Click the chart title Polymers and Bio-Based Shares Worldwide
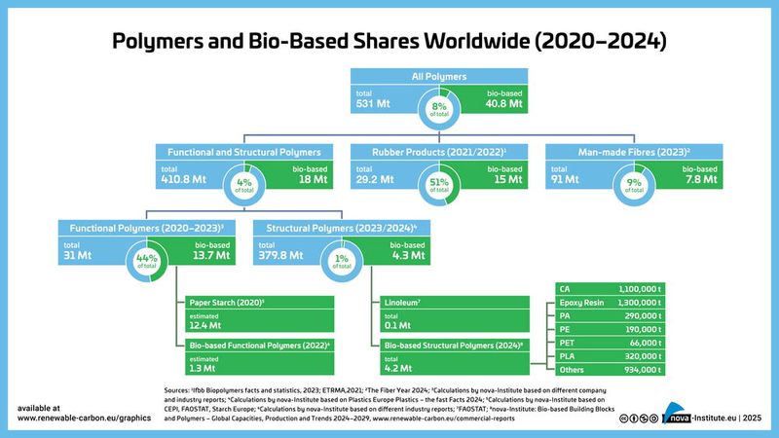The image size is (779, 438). coord(389,41)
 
